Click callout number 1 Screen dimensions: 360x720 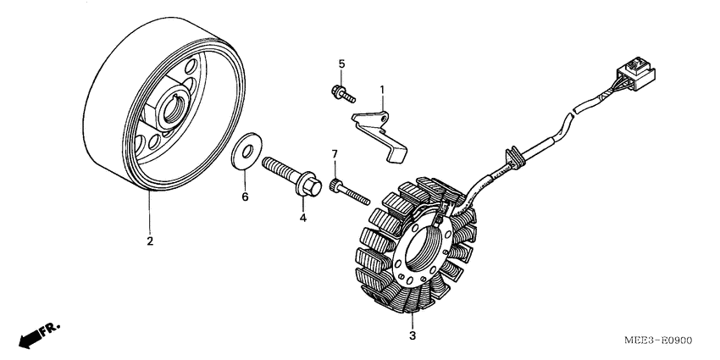point(382,89)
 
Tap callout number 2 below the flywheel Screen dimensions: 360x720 point(150,241)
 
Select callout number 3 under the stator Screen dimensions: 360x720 point(413,337)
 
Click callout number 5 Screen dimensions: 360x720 point(342,64)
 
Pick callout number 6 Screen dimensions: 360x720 point(246,197)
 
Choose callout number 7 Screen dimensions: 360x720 point(334,153)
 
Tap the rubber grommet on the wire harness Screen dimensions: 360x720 point(512,155)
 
